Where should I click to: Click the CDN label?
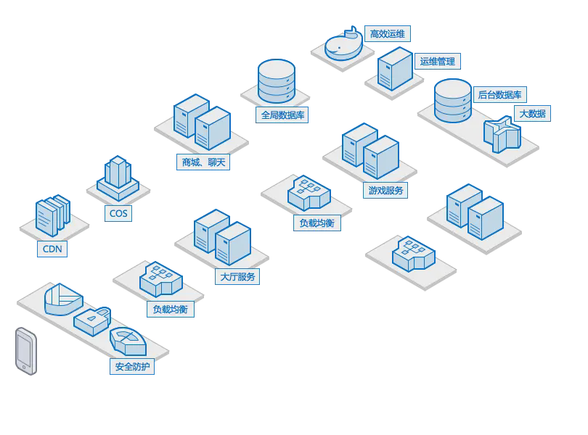(52, 249)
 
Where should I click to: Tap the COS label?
(117, 213)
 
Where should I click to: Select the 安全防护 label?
(131, 367)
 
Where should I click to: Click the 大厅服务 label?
(237, 276)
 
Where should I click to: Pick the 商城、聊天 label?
(203, 162)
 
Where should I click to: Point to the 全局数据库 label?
(283, 115)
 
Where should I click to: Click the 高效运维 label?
(388, 33)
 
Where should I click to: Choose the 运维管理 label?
(437, 62)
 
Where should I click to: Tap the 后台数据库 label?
(499, 94)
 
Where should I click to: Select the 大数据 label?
(532, 113)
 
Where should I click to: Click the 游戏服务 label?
(385, 191)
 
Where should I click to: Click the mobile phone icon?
(26, 352)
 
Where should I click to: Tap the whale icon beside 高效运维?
(343, 45)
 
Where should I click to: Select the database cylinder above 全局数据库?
(276, 81)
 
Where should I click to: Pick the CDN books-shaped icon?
(52, 216)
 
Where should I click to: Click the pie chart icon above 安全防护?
(62, 298)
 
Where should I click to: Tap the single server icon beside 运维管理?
(395, 69)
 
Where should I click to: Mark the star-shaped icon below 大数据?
(502, 133)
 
